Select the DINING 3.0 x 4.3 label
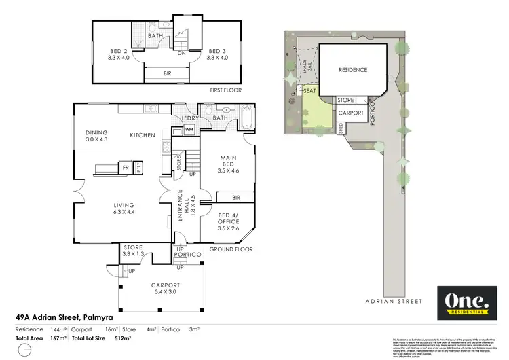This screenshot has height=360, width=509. (x=96, y=136)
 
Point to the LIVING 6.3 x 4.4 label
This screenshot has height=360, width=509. (x=124, y=209)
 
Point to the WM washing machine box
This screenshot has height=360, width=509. (x=189, y=129)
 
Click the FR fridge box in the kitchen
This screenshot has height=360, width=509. (x=126, y=166)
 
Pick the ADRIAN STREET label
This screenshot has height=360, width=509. (x=393, y=301)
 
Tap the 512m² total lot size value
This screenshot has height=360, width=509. (x=123, y=338)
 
